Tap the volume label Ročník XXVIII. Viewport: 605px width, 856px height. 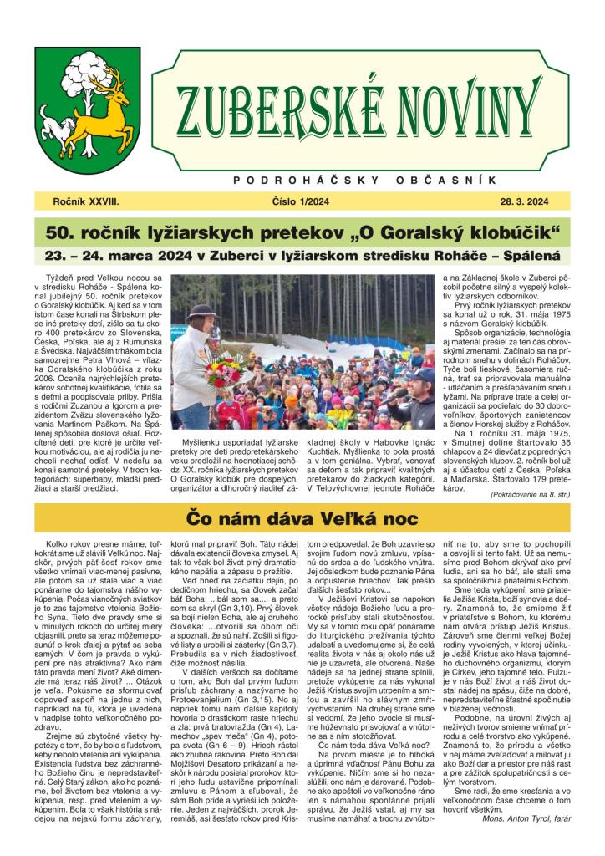coord(86,201)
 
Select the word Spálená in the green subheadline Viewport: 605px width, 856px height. coord(528,255)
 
